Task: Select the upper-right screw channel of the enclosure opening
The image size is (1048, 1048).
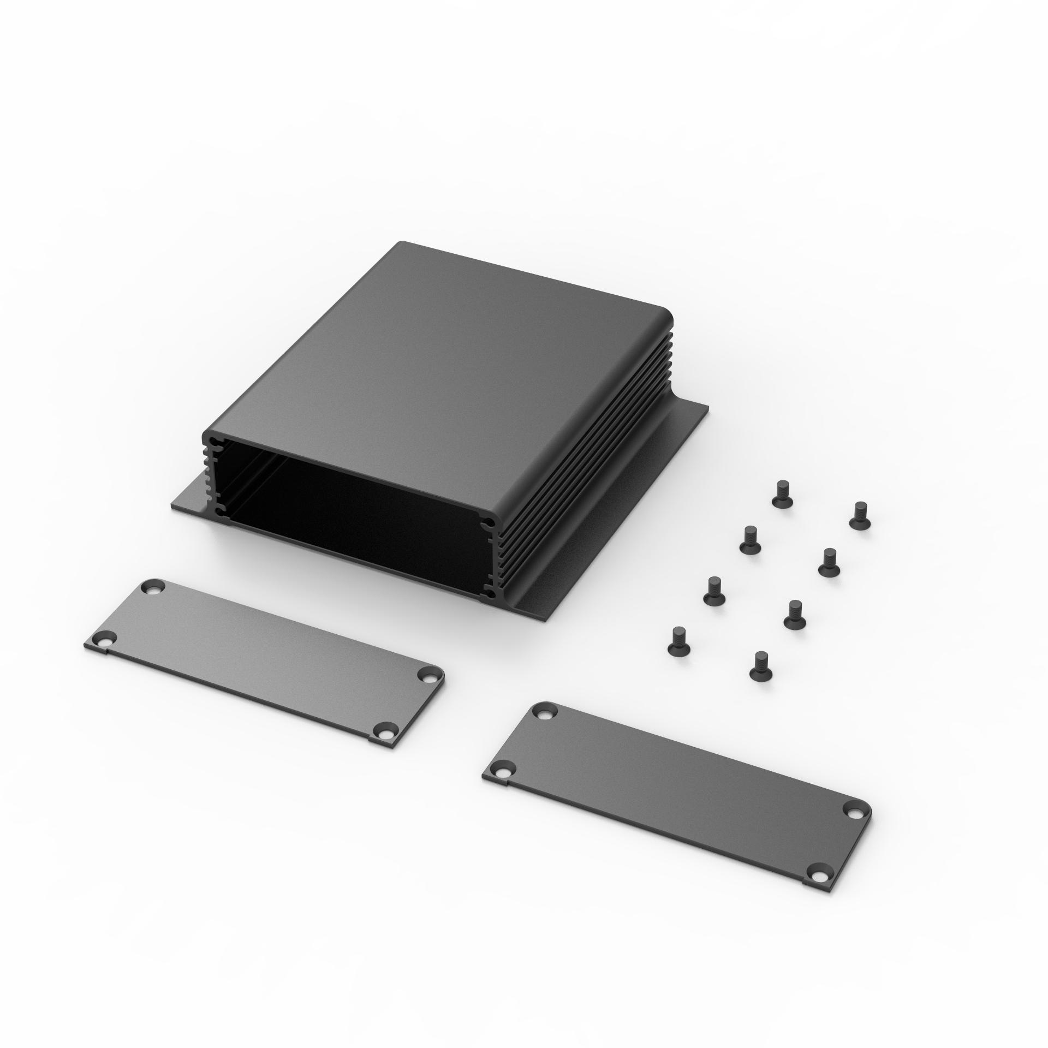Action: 490,524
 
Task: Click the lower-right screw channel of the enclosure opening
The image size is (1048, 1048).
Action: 490,596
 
